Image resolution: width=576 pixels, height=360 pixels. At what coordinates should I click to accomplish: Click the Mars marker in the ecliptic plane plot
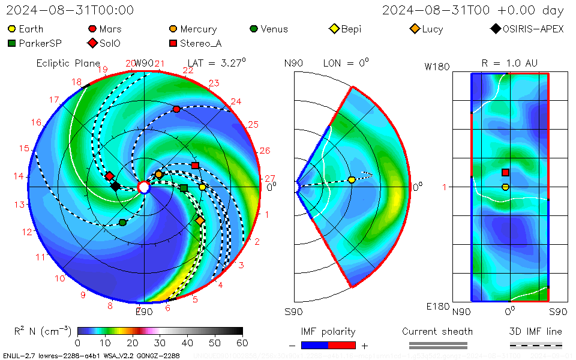176,109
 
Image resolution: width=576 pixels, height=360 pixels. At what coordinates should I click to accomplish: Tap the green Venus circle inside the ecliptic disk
123,223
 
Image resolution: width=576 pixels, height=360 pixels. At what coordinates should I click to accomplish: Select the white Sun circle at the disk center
144,187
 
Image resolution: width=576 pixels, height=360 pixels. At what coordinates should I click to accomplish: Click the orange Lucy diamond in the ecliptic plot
200,221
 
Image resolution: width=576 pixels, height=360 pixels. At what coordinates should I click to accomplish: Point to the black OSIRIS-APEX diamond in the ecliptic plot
115,187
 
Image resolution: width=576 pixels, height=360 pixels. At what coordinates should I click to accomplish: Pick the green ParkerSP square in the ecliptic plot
184,188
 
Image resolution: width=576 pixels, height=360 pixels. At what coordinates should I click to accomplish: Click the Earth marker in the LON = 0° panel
352,179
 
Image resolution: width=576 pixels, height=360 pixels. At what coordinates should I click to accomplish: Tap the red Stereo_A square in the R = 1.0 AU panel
505,173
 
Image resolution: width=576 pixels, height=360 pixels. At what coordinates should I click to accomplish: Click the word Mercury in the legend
198,29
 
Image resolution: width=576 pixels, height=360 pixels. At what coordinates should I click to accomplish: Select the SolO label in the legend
111,43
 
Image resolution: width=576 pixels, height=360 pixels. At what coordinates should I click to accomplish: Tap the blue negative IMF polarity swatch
315,345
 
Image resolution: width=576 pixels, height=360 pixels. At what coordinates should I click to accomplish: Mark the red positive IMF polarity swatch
342,345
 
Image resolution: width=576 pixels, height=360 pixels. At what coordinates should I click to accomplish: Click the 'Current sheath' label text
437,331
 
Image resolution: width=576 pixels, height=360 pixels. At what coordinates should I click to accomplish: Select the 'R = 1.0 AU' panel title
509,63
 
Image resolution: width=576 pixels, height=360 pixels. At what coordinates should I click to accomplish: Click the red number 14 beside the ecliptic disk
19,176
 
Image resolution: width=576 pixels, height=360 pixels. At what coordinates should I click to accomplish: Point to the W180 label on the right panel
437,67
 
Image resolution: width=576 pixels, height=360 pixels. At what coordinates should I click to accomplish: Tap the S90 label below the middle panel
293,311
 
